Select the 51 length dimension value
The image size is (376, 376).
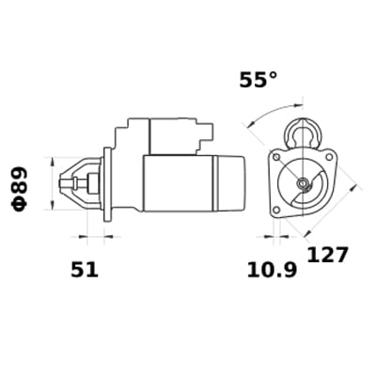coord(85,270)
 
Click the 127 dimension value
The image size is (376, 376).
coord(327,255)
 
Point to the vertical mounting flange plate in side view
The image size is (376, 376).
coord(106,183)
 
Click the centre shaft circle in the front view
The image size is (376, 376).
coord(303,184)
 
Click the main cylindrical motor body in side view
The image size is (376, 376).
coord(179,182)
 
